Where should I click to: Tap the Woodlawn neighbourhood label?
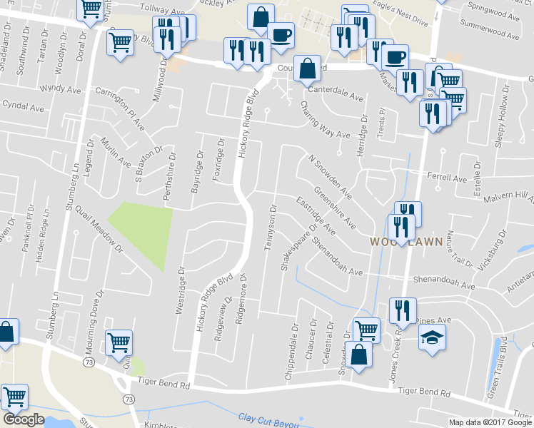click(x=399, y=243)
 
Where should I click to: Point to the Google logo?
click(x=23, y=419)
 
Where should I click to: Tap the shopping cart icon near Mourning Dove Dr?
click(x=118, y=342)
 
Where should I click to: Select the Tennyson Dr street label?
click(x=271, y=228)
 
